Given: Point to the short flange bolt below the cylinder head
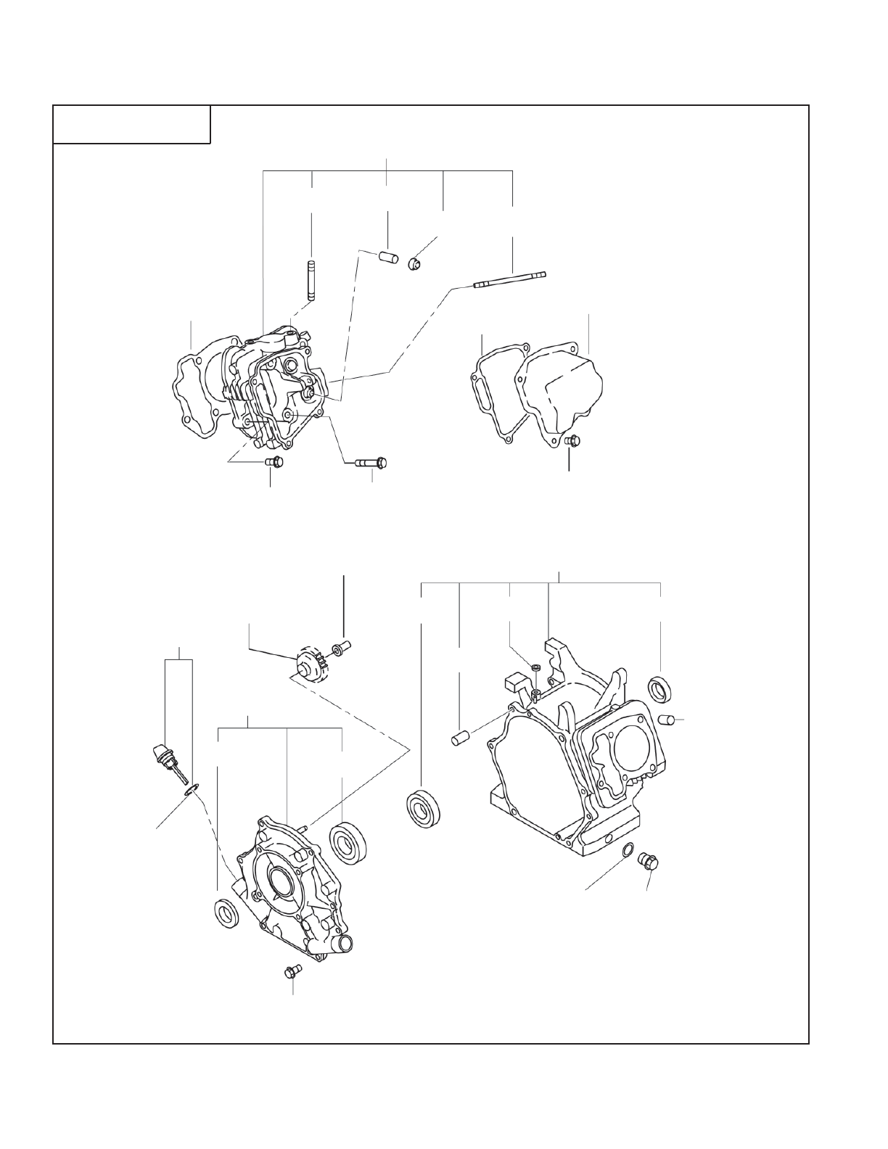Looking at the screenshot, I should coord(274,461).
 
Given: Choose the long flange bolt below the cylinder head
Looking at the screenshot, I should coord(371,462).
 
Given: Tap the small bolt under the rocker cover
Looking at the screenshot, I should coord(572,440).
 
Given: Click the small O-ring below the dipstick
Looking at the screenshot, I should coord(192,788).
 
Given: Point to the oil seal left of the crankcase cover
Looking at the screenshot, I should coord(228,912).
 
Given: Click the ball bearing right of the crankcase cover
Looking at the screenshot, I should coord(348,841).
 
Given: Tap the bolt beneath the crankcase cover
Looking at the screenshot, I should coord(292,972).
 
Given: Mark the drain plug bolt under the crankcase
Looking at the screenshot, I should coord(647,862).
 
